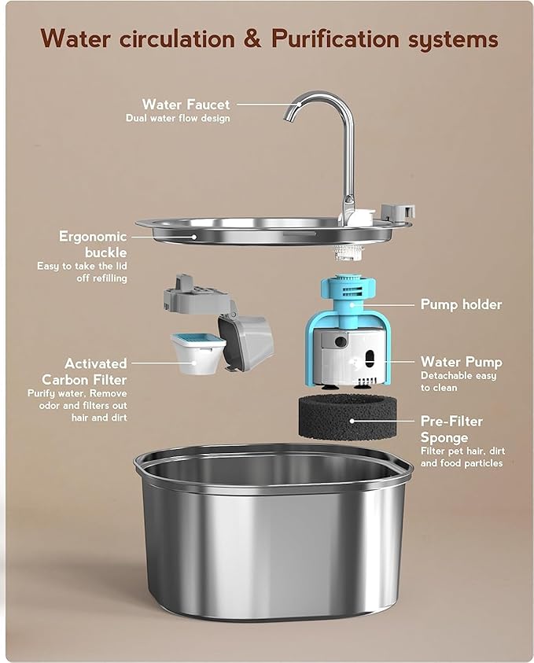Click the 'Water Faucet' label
point(186,104)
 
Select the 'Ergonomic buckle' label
point(93,245)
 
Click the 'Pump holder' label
point(461,304)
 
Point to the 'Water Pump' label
point(461,362)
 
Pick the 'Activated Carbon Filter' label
point(95,371)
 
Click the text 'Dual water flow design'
point(178,119)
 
